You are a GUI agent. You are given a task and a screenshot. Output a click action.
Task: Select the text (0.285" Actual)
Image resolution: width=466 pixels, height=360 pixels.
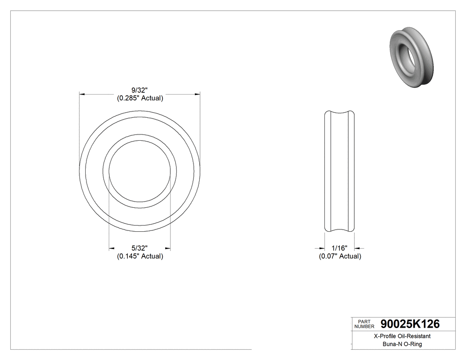[140, 99]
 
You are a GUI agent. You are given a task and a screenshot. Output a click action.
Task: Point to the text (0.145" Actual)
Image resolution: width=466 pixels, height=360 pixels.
[140, 256]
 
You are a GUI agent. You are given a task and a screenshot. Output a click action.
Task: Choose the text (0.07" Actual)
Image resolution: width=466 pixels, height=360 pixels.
[340, 256]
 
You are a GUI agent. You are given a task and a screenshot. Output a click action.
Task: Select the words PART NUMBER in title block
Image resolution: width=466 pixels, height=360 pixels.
[365, 324]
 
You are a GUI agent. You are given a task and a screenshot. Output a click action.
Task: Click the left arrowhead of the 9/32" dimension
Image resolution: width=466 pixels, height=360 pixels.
[82, 95]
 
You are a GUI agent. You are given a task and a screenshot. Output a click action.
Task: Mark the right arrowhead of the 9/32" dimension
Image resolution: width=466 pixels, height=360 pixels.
[197, 95]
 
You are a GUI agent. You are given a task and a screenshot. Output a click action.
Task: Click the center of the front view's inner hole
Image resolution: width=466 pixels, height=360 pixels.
[140, 171]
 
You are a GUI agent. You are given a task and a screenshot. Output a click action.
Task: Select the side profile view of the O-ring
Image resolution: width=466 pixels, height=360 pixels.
[340, 171]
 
